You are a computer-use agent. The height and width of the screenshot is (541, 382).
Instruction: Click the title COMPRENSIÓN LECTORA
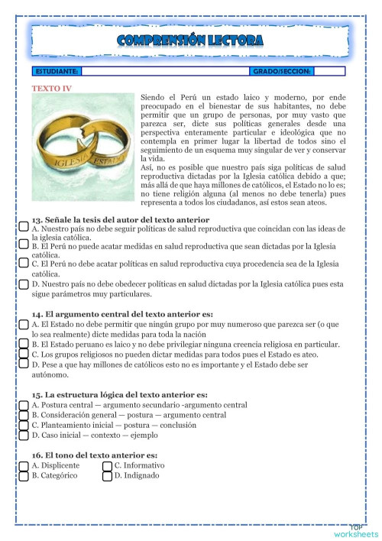(191, 40)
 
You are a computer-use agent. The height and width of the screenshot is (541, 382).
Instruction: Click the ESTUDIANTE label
(57, 71)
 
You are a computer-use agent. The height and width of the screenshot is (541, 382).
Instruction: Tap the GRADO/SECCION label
(280, 71)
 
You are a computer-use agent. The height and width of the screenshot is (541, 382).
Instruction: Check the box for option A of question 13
(24, 228)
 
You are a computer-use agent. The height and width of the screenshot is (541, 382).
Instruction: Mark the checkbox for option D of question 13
(24, 283)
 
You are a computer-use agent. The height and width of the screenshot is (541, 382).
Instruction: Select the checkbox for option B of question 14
(24, 344)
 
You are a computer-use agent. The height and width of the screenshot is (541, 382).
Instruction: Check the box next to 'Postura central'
(24, 404)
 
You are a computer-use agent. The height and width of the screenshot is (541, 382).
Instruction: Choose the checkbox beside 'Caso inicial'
(24, 435)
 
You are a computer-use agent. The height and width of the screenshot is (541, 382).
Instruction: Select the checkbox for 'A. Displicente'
(24, 465)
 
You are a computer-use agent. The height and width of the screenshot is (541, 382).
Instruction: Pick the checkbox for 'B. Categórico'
(24, 475)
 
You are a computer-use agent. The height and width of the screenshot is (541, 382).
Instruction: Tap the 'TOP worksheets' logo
(356, 530)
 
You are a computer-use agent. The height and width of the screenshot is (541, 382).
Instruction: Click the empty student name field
(164, 71)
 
